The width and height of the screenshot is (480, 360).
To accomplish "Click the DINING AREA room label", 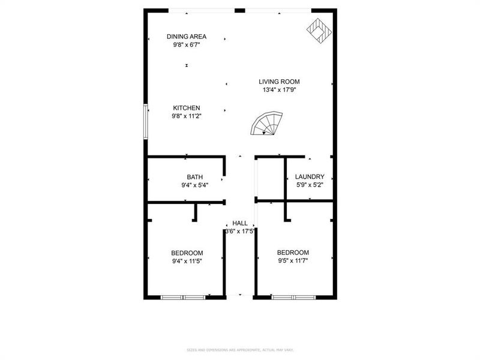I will click(x=186, y=37).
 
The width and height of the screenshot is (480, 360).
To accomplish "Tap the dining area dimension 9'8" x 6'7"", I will click(x=186, y=44).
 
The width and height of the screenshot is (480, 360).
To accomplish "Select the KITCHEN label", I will click(x=187, y=108).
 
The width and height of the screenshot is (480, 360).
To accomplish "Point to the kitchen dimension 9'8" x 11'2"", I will click(x=187, y=116).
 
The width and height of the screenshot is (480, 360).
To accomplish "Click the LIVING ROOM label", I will click(x=279, y=82).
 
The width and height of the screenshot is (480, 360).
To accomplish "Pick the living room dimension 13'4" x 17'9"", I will click(x=279, y=90).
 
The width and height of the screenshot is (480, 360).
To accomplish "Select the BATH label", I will click(x=194, y=177).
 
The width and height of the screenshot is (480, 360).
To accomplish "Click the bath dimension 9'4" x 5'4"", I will click(x=194, y=185).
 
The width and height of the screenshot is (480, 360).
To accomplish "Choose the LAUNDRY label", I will click(x=310, y=177).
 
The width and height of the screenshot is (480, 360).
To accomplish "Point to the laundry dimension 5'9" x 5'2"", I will click(x=310, y=185).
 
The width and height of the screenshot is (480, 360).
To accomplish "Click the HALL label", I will click(x=240, y=223).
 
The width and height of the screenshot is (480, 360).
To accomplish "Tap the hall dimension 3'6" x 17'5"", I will click(x=240, y=231).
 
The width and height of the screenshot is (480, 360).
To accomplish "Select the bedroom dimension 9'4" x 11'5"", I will click(x=187, y=261).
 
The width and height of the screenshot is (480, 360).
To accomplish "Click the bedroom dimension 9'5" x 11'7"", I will click(x=293, y=260).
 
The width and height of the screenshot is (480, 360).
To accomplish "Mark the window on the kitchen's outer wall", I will click(x=146, y=122).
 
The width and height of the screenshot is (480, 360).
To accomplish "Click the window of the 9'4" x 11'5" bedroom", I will click(x=184, y=297).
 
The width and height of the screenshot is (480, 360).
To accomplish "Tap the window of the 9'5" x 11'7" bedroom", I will click(x=293, y=297).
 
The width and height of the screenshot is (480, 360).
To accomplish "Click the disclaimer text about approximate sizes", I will click(x=240, y=350).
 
